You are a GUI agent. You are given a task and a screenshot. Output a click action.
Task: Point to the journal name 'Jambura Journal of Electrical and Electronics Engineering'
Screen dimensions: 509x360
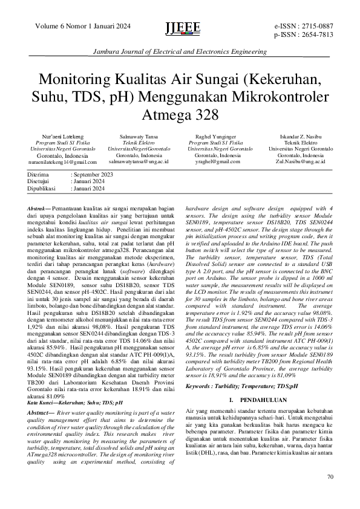tap(180, 53)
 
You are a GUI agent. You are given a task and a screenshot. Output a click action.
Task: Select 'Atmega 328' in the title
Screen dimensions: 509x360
tap(180, 114)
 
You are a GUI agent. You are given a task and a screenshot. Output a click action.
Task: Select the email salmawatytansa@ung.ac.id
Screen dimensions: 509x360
tap(139, 162)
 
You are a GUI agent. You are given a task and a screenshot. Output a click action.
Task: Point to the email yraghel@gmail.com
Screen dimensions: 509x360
tap(211, 162)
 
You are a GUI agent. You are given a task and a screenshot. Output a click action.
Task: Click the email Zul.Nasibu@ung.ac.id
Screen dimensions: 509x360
tap(301, 162)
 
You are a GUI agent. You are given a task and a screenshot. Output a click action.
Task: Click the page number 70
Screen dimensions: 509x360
tap(330, 477)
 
